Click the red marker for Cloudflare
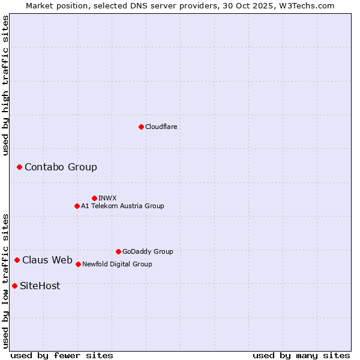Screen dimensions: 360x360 tap(141, 127)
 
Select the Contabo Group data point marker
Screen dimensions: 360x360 tap(19, 167)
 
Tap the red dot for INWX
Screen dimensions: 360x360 tap(94, 198)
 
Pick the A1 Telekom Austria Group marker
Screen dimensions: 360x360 tap(77, 206)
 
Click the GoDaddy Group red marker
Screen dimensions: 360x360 tap(118, 251)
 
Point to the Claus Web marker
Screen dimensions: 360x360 tap(17, 260)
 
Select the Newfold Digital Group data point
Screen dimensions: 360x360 tap(78, 264)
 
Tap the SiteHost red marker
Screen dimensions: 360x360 tap(14, 286)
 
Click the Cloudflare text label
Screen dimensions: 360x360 tap(161, 127)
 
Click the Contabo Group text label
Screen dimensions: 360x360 tap(61, 167)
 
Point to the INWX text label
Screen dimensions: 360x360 tap(107, 198)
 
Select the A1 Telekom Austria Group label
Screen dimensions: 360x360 tap(122, 206)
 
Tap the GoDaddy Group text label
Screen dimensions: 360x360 tap(148, 251)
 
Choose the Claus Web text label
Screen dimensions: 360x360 tap(47, 260)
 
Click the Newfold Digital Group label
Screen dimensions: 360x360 tap(117, 264)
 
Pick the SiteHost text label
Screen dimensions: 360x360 tap(40, 286)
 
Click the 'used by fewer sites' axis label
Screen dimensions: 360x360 tap(62, 355)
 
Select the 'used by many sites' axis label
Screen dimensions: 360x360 tap(301, 355)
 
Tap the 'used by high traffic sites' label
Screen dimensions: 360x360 tap(5, 85)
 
